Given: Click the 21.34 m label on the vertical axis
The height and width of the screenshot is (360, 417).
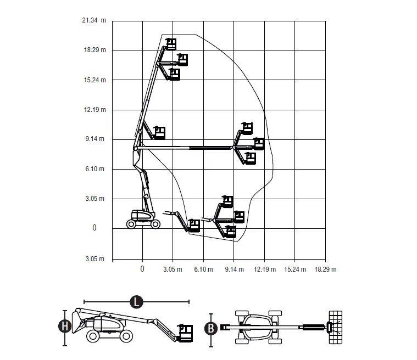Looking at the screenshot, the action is [94, 20].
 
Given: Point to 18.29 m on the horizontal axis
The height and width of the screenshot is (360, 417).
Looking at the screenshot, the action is [325, 269].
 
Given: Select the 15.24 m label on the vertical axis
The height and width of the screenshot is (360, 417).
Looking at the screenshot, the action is [94, 80].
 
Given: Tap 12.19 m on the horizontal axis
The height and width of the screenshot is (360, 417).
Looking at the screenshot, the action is [265, 269].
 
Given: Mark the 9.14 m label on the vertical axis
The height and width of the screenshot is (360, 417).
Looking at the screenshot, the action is [94, 139].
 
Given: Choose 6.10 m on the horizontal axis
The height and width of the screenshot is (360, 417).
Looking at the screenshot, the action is [203, 269].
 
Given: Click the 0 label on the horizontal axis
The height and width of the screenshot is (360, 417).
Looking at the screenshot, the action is [142, 269].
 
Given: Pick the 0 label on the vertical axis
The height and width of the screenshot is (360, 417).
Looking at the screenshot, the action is [94, 228].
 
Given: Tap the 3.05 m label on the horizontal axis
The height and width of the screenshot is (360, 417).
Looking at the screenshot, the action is [173, 269].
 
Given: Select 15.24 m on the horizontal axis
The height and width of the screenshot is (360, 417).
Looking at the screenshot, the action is [295, 269].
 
